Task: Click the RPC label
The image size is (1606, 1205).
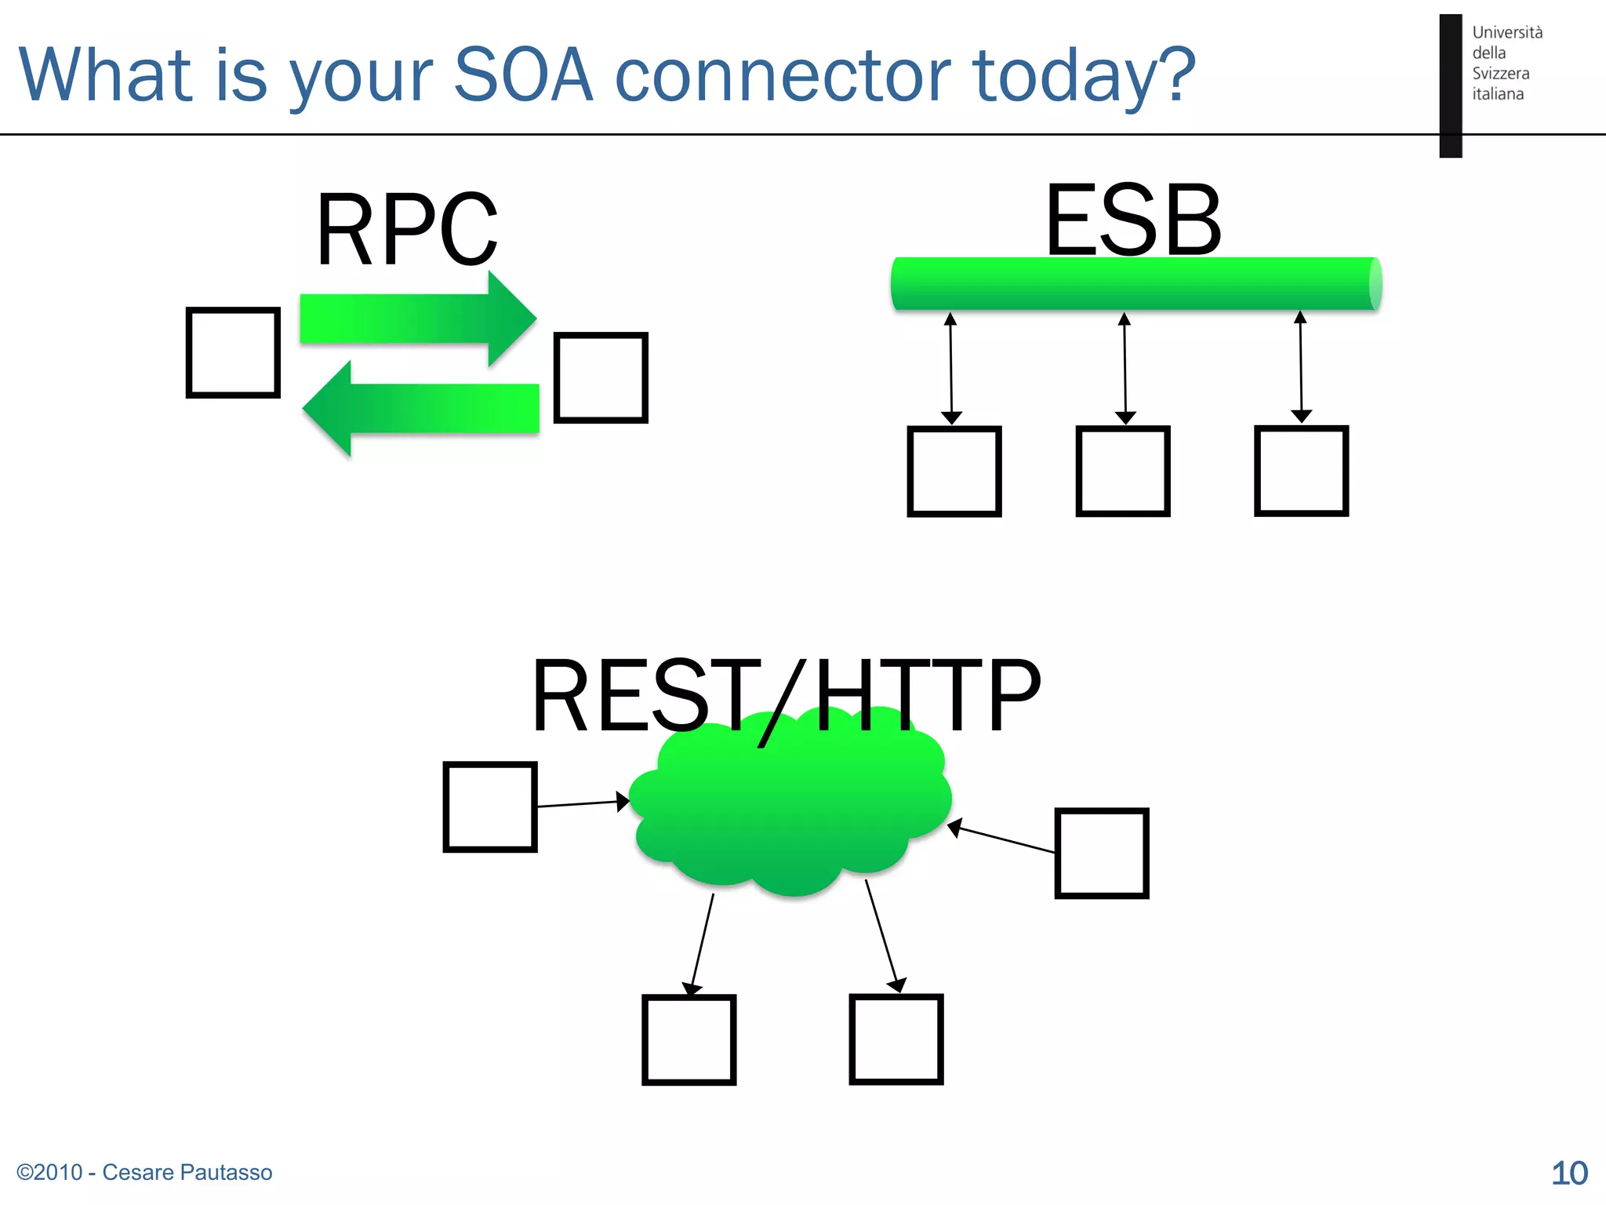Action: tap(406, 230)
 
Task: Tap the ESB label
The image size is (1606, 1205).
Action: tap(1133, 220)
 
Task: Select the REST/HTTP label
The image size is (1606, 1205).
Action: tap(786, 696)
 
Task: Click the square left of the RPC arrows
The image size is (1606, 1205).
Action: tap(233, 352)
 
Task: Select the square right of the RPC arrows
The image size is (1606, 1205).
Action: tap(601, 377)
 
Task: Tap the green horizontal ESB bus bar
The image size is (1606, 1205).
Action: tap(1135, 283)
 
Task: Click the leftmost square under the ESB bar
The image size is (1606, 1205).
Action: tap(954, 471)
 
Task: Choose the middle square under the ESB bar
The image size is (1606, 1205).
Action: tap(1123, 471)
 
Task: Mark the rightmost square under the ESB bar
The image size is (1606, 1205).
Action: tap(1301, 471)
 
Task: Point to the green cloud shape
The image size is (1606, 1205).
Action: tap(790, 808)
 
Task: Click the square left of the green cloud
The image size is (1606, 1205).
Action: tap(490, 806)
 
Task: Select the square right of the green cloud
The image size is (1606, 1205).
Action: tap(1101, 853)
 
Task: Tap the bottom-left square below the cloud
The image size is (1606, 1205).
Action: tap(689, 1039)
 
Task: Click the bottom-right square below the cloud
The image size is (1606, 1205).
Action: tap(896, 1039)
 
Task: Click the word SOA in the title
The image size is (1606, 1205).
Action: tap(523, 75)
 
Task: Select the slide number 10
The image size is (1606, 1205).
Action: tap(1569, 1174)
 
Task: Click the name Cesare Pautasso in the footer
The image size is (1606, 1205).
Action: tap(187, 1172)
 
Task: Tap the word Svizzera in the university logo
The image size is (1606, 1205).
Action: tap(1500, 74)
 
